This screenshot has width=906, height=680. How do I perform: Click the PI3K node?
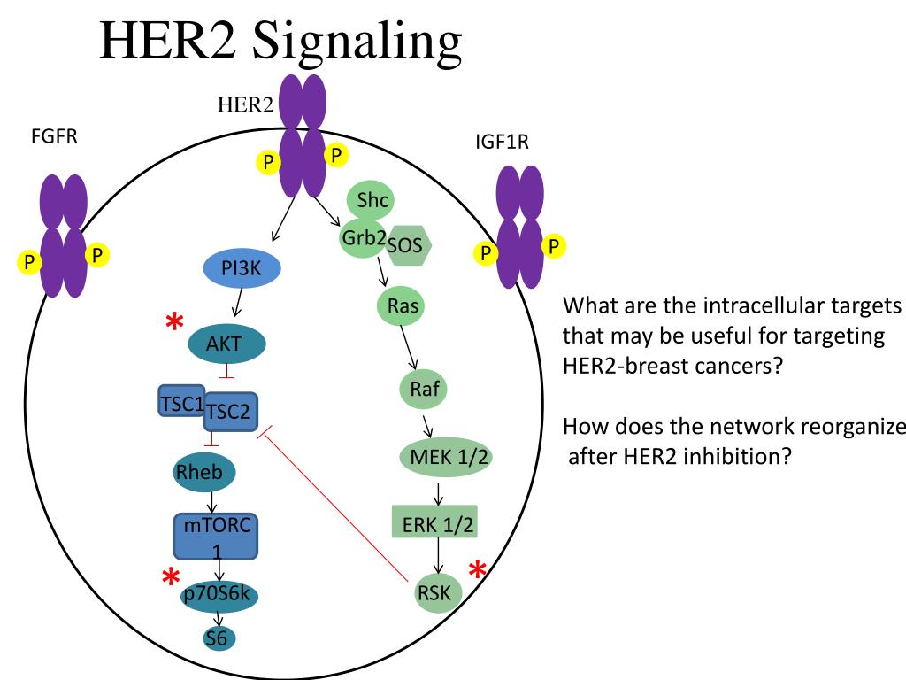click(242, 270)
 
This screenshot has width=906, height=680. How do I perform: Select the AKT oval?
click(225, 344)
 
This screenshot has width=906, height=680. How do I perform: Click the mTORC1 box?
click(217, 535)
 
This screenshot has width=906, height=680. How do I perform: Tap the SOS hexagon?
click(407, 245)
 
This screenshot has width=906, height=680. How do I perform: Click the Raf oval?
click(418, 389)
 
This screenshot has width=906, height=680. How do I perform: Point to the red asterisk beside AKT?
click(174, 325)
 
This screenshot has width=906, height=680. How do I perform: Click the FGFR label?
click(55, 137)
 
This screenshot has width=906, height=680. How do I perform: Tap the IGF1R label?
click(502, 143)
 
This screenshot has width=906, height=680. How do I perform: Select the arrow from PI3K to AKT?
click(236, 304)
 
